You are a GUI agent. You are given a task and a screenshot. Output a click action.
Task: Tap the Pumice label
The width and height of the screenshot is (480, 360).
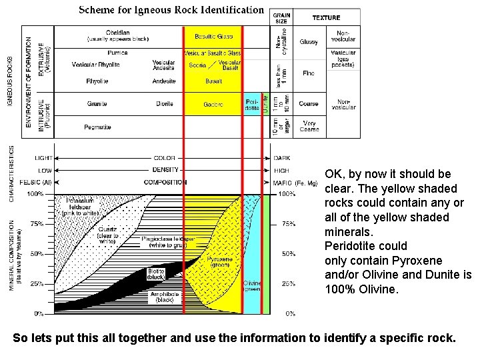click(117, 53)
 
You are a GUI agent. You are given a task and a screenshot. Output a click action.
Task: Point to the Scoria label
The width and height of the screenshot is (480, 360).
click(197, 65)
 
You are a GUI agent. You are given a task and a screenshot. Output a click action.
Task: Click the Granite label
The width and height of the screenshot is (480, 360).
click(97, 104)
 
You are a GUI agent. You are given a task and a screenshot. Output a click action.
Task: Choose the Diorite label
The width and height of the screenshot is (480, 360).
click(164, 104)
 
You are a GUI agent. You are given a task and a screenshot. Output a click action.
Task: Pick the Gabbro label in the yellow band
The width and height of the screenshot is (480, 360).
click(213, 105)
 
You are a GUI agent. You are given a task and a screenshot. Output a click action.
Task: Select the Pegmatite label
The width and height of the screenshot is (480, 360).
click(97, 127)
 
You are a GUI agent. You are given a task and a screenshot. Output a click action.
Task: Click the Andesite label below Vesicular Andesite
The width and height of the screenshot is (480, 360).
click(164, 81)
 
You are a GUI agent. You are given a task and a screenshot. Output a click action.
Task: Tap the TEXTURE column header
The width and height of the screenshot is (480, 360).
click(326, 17)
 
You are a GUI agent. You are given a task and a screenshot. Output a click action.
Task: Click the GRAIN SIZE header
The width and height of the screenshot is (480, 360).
click(281, 18)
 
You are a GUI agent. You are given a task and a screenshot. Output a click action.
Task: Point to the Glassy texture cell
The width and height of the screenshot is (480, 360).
click(309, 42)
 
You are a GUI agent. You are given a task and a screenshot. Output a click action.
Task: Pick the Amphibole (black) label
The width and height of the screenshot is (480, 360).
click(161, 297)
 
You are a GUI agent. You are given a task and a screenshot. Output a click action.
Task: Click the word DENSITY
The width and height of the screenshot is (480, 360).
click(164, 170)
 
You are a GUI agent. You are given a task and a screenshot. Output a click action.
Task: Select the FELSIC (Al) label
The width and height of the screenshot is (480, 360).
click(37, 182)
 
